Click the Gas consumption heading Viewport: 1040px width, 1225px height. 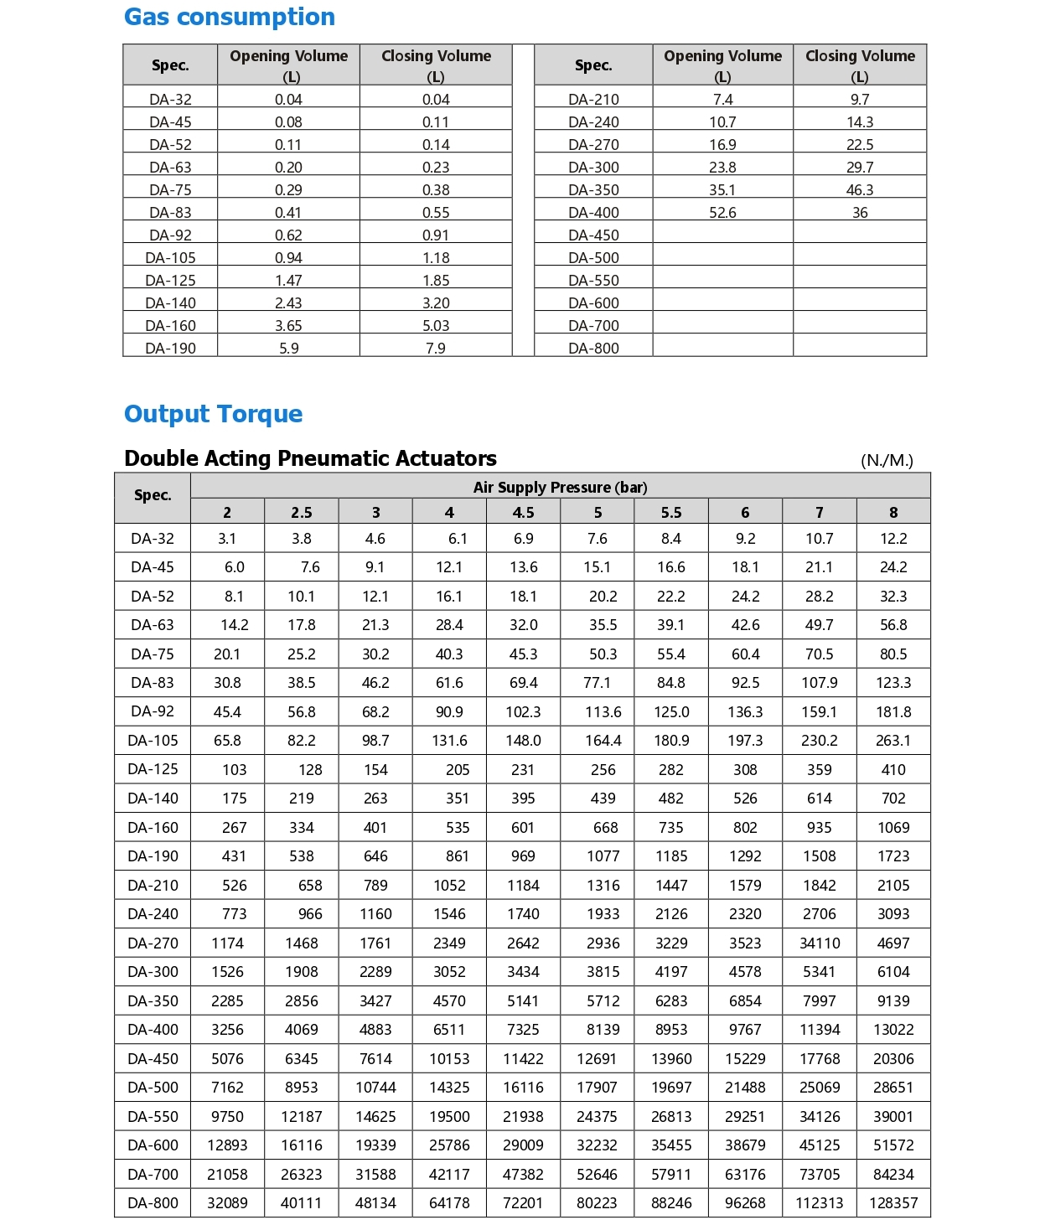229,17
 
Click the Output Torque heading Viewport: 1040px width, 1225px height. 213,414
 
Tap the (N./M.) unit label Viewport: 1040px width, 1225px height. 887,460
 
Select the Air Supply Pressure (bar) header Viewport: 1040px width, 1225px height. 560,487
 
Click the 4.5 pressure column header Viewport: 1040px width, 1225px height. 523,512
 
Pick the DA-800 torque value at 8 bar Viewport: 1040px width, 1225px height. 893,1202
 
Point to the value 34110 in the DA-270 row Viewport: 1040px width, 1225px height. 819,943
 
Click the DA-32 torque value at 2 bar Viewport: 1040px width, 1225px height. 227,539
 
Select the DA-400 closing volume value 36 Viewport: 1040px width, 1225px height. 860,213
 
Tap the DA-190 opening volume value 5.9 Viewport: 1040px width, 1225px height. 288,348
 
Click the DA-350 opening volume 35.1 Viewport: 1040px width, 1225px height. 722,190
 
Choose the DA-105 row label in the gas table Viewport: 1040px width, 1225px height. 170,258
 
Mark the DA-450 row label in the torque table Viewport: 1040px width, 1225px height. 153,1058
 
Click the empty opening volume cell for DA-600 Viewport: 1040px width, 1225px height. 722,302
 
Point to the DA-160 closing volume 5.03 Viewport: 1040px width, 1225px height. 436,325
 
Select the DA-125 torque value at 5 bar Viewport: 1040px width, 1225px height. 603,769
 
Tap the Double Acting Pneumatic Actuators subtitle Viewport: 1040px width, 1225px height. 310,458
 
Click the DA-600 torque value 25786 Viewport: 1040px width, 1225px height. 449,1145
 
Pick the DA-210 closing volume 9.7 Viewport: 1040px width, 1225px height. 860,100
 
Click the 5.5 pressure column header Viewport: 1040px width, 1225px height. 670,512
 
